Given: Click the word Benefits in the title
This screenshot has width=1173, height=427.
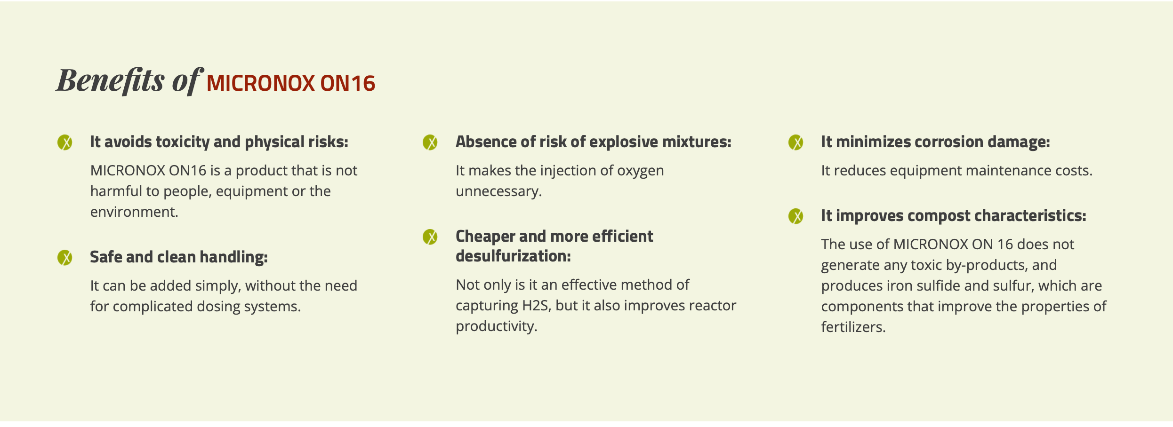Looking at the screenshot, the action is (x=111, y=80).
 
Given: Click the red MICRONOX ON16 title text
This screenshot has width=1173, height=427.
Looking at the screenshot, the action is (x=291, y=83).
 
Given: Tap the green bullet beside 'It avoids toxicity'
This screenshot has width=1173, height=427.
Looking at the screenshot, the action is (x=65, y=142).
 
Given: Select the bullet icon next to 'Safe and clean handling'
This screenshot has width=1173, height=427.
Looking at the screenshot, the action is (x=65, y=257).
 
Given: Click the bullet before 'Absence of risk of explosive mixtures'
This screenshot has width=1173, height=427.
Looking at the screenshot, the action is (x=430, y=142).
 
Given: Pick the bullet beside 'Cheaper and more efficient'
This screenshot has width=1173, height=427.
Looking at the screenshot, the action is (x=430, y=237).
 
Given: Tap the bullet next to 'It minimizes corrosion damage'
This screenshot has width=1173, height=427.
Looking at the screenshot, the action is (x=796, y=142).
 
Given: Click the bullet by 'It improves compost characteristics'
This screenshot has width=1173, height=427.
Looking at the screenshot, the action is (x=796, y=216).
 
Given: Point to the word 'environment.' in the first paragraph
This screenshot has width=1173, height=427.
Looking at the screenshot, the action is (x=134, y=212).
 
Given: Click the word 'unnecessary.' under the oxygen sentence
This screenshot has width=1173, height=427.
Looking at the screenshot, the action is (x=499, y=191).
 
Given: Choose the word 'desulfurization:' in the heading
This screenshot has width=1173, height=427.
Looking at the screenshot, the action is (x=513, y=256).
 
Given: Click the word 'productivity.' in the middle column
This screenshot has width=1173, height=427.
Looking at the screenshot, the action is (x=497, y=326).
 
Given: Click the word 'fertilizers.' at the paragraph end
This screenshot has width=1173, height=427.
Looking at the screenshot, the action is (x=853, y=327).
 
